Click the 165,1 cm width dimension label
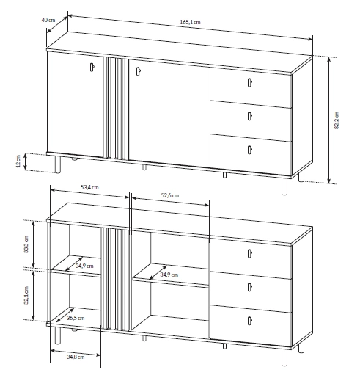click(x=190, y=22)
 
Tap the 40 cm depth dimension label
click(x=48, y=20)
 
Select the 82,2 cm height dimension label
click(x=337, y=120)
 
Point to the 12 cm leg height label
click(x=18, y=161)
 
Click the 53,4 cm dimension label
click(x=89, y=187)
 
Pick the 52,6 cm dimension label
click(x=170, y=195)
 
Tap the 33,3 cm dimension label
click(x=26, y=244)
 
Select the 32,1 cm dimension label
click(x=26, y=295)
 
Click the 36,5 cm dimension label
click(x=76, y=318)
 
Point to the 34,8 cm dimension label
click(x=76, y=357)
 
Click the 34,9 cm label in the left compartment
click(x=84, y=266)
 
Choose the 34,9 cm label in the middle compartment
click(x=169, y=275)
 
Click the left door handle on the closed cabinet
click(x=92, y=68)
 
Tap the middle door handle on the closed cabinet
click(x=139, y=71)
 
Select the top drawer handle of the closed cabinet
click(x=249, y=82)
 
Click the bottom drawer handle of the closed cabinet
click(x=249, y=150)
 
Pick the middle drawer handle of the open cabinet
click(x=249, y=287)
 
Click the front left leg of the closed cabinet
click(x=58, y=164)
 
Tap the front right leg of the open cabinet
click(x=284, y=357)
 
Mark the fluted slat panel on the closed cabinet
click(x=116, y=109)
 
